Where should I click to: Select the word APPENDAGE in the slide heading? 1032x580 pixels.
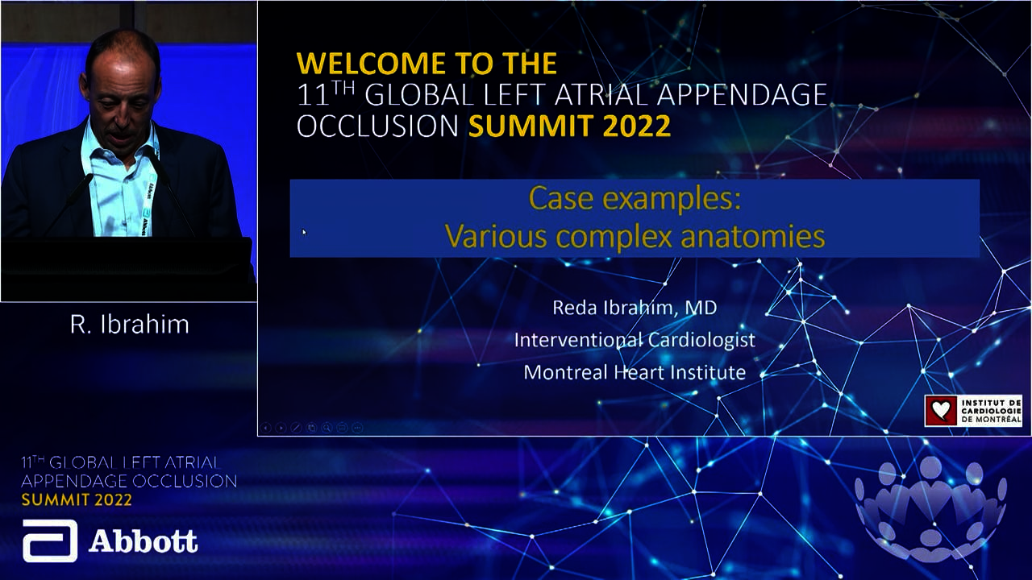tap(742, 94)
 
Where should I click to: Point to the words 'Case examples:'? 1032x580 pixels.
tap(635, 198)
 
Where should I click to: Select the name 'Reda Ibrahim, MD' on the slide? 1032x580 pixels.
tap(635, 308)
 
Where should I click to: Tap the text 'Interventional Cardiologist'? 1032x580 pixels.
tap(635, 340)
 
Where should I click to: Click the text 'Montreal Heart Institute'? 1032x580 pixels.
tap(635, 372)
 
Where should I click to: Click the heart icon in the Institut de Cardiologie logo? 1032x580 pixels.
tap(941, 410)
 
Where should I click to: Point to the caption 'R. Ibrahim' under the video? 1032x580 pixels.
tap(130, 325)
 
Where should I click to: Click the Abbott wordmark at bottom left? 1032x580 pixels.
tap(144, 541)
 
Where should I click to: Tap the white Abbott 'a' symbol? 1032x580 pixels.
tap(50, 541)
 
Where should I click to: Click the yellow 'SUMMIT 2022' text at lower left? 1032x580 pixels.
tap(77, 500)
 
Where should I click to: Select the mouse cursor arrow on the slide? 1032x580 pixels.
tap(304, 233)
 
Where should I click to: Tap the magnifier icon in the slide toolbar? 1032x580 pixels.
tap(327, 428)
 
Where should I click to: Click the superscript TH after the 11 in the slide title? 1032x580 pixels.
tap(344, 87)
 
